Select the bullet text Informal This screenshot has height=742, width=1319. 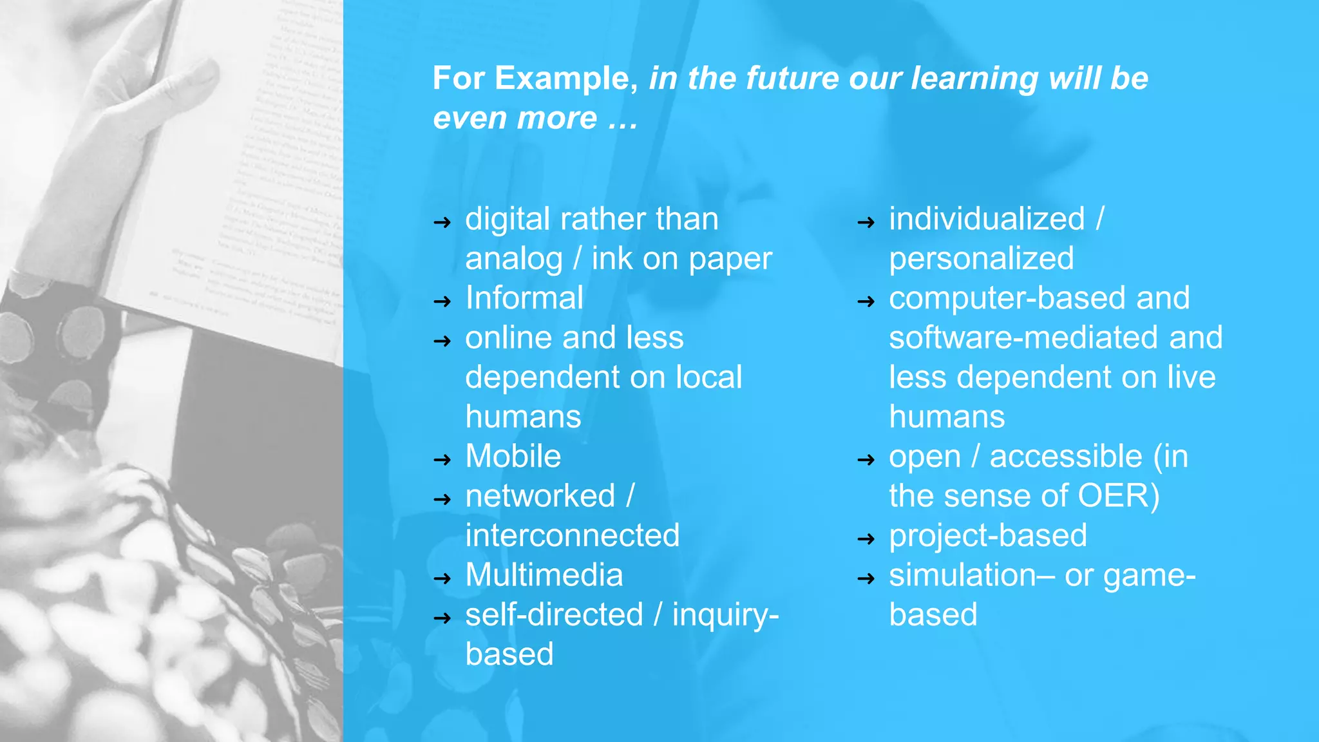(x=524, y=298)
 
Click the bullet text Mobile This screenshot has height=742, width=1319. (x=513, y=457)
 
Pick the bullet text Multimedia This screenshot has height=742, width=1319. (x=544, y=575)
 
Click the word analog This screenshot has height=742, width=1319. (x=514, y=260)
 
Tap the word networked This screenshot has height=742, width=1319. (x=540, y=496)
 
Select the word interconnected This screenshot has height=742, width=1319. (x=573, y=536)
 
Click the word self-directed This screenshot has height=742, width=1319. (x=555, y=614)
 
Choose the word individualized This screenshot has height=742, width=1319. (x=987, y=219)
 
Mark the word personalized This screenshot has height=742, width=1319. (x=982, y=259)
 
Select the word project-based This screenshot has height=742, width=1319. (x=988, y=536)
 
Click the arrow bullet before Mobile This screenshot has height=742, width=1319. (x=442, y=460)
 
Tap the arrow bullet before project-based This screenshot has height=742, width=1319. (x=866, y=539)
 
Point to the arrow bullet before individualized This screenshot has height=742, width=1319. (x=866, y=223)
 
